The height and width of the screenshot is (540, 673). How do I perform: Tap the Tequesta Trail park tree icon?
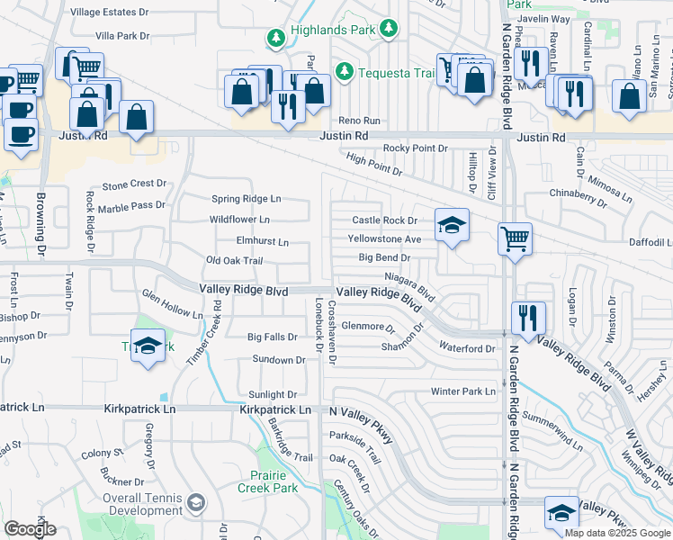click(343, 70)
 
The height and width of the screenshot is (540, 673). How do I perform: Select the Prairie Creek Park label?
click(267, 481)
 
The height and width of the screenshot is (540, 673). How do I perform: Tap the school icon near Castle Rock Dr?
click(451, 225)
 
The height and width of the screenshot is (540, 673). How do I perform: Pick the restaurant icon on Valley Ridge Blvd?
click(526, 318)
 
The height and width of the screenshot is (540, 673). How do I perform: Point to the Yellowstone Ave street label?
click(385, 239)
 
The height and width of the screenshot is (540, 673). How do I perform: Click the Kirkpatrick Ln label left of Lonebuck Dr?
click(275, 409)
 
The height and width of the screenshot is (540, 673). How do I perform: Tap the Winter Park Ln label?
click(463, 391)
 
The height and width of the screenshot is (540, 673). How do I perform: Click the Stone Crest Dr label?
click(135, 184)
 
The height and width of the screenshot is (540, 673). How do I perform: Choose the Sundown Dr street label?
click(277, 360)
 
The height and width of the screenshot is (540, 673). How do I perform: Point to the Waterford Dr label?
click(467, 348)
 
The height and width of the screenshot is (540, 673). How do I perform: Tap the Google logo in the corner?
click(30, 529)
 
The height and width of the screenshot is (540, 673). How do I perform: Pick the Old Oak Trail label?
click(234, 261)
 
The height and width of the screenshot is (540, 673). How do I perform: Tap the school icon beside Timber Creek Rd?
click(148, 348)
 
